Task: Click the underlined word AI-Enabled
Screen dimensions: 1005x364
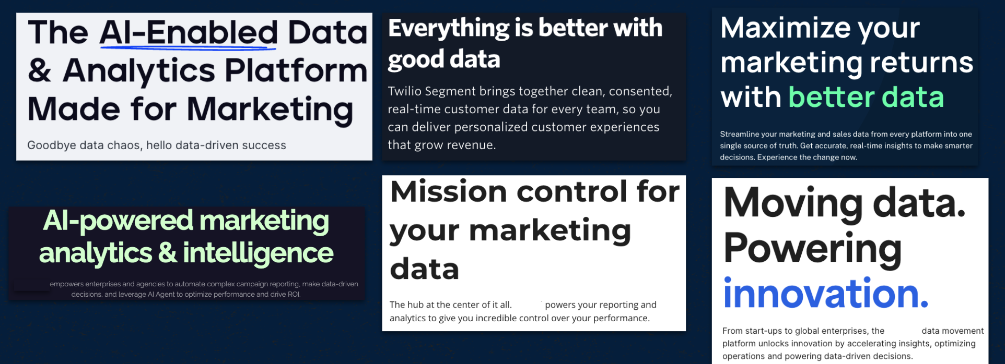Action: click(189, 32)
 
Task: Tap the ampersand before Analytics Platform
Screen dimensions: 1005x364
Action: click(40, 70)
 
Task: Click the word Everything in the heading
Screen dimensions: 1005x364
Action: click(449, 28)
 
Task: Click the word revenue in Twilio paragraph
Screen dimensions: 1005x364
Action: click(470, 145)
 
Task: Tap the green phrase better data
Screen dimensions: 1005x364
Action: click(866, 97)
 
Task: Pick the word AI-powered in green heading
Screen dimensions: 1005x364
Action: click(118, 221)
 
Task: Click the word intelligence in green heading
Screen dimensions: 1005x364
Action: click(258, 253)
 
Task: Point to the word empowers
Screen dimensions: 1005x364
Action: click(66, 284)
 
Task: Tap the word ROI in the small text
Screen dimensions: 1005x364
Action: click(294, 294)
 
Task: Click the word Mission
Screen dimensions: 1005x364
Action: click(449, 191)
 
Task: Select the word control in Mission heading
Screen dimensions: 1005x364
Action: click(572, 191)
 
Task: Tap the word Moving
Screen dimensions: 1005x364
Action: click(793, 203)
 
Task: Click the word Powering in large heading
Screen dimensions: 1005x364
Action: click(813, 249)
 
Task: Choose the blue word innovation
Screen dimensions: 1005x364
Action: click(826, 294)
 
